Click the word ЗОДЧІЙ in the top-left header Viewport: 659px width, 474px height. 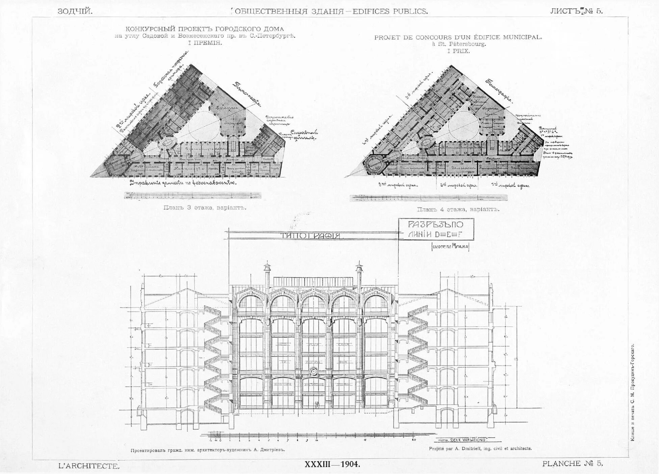(x=75, y=11)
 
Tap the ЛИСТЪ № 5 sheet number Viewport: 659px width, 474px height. (x=576, y=10)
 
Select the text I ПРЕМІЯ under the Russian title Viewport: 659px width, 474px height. (x=205, y=43)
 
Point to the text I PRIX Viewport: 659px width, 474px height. (x=458, y=51)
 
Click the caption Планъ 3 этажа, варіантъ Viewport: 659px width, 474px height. (x=205, y=207)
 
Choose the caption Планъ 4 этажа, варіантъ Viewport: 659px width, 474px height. (x=458, y=209)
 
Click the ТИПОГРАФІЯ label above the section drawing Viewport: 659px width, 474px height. (x=311, y=236)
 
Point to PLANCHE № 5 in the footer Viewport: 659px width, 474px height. (x=572, y=464)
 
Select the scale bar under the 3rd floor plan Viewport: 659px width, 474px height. (x=192, y=195)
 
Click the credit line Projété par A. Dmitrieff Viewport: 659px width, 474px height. (x=480, y=449)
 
